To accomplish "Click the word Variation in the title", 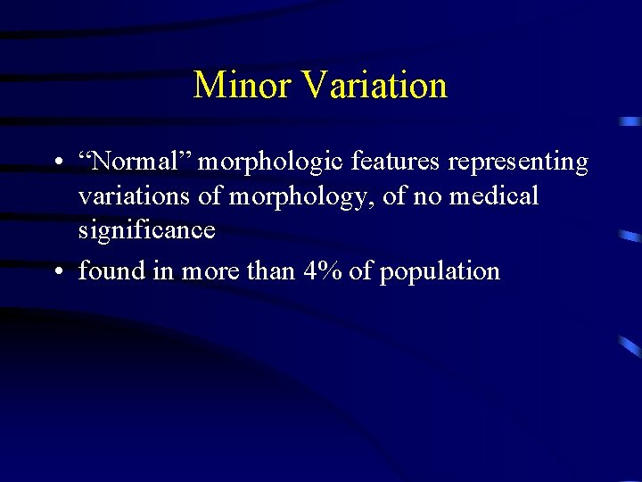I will click(x=374, y=86).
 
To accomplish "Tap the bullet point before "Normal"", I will click(x=56, y=164).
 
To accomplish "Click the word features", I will click(x=397, y=162).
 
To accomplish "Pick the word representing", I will click(x=518, y=163).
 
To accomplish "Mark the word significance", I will click(x=146, y=230).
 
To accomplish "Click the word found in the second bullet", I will click(x=111, y=270).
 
